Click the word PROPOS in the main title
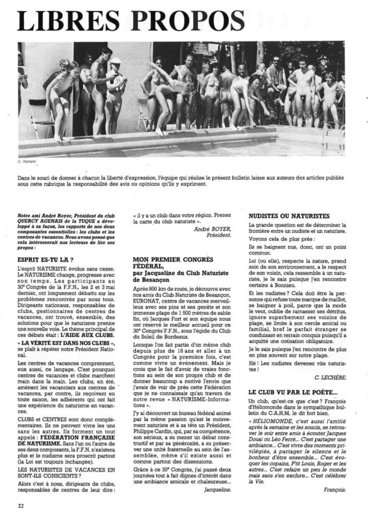pos(190,21)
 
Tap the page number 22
pos(21,503)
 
